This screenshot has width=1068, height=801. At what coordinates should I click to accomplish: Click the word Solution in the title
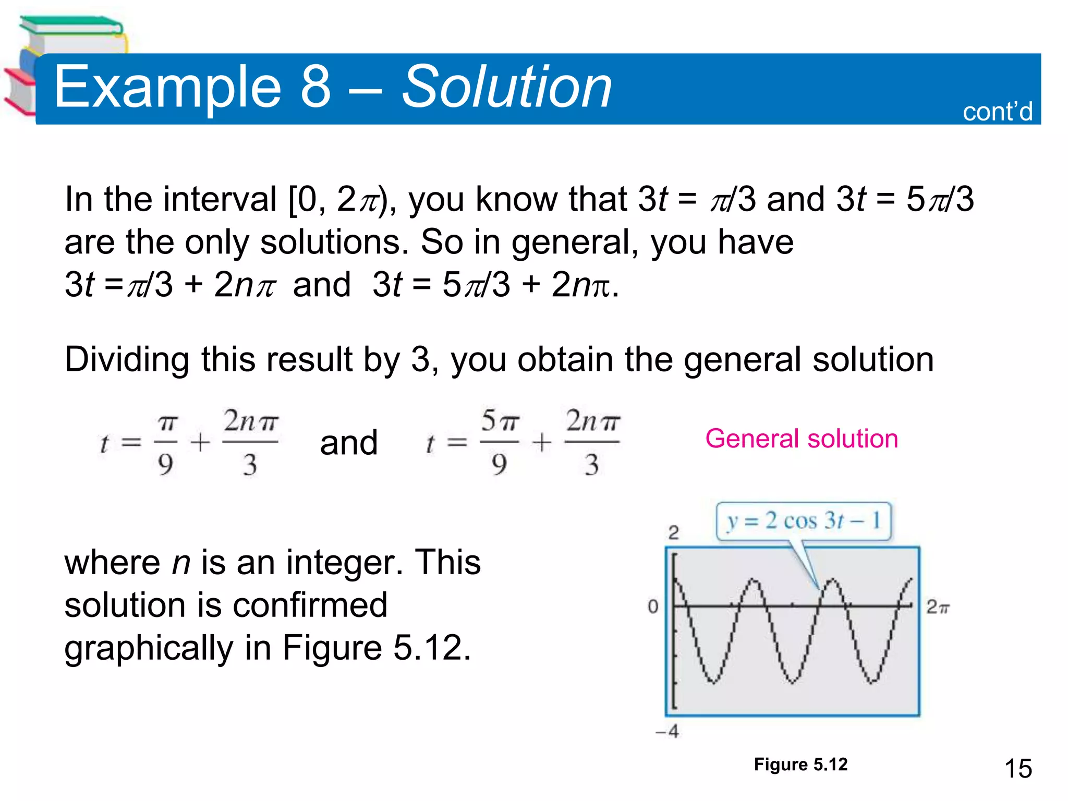tap(506, 87)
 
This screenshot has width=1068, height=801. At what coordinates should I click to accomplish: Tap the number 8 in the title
tap(316, 87)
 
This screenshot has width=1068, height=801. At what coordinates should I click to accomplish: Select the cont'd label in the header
tap(997, 112)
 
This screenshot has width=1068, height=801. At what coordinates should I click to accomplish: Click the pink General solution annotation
tap(802, 439)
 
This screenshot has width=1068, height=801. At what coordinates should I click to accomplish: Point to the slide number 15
tap(1018, 769)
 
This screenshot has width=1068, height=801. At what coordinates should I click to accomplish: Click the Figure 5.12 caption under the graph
tap(800, 764)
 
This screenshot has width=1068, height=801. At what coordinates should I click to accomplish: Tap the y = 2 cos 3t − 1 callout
tap(804, 521)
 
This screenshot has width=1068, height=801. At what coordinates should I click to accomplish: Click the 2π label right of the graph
tap(938, 607)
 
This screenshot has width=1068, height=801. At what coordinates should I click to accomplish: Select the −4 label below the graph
tap(667, 732)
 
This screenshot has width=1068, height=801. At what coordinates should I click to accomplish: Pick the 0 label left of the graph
tap(653, 606)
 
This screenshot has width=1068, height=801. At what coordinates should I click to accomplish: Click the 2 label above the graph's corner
tap(673, 532)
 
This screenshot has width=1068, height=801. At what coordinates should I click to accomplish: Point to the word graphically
tap(149, 648)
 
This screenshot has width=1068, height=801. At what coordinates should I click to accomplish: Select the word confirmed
tap(310, 605)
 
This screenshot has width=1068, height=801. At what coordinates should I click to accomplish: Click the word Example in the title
tap(167, 87)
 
